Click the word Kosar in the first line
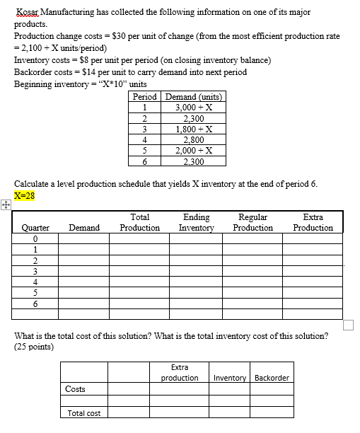(28, 13)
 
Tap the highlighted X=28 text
(25, 195)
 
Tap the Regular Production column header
(252, 223)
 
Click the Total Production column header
(139, 223)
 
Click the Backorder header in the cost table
(272, 377)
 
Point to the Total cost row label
(83, 413)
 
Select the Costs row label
(75, 389)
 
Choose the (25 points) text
(35, 347)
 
